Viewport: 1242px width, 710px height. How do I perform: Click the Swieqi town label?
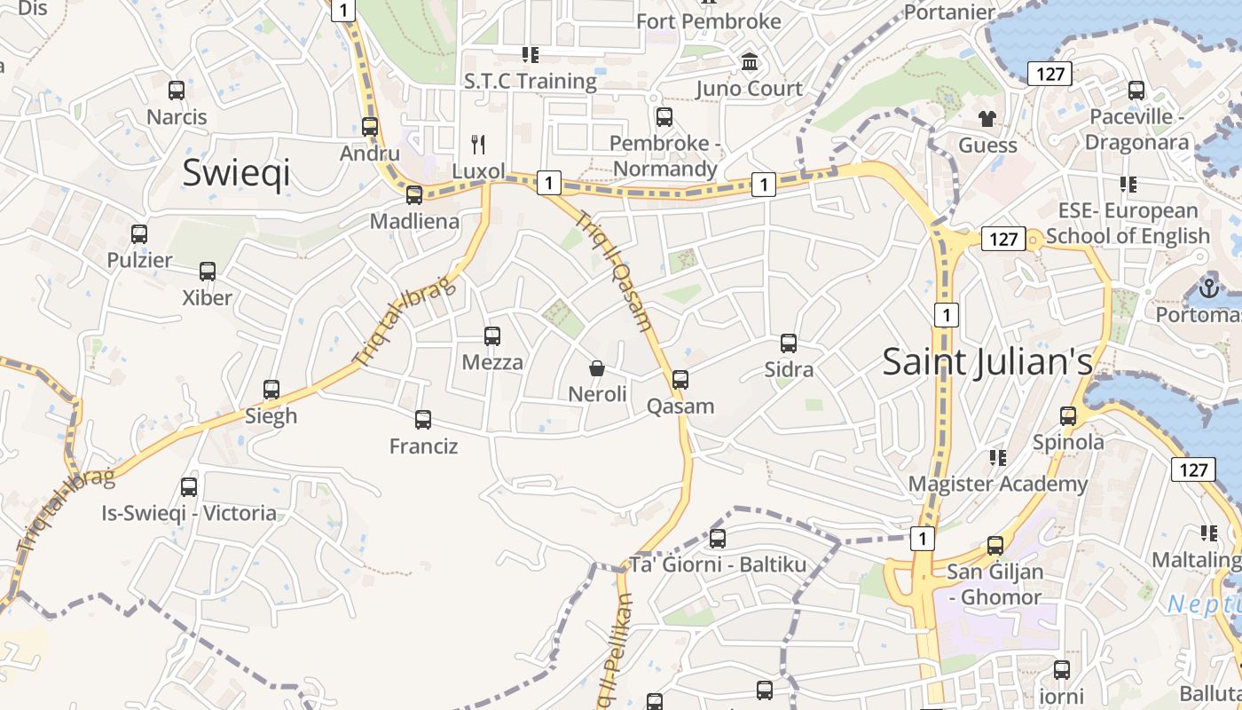tap(236, 172)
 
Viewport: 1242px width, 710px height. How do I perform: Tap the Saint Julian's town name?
tap(987, 361)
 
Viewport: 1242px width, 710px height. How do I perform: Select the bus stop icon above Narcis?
tap(177, 90)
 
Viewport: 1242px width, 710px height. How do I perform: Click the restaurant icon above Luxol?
tap(478, 144)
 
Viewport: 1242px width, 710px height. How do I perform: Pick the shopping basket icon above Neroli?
tap(597, 367)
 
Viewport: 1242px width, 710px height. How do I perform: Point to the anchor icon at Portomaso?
tap(1207, 288)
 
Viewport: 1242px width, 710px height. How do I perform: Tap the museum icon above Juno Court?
tap(750, 62)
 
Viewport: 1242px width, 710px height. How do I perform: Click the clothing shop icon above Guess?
tap(987, 118)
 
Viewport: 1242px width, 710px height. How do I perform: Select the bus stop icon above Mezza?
tap(492, 335)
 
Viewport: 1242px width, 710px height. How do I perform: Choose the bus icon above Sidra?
tap(789, 343)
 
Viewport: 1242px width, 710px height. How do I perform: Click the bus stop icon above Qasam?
tap(680, 380)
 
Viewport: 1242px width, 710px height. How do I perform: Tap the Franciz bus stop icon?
tap(423, 419)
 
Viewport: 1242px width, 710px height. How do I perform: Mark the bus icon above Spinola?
tap(1068, 415)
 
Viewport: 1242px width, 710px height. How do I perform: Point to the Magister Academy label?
tap(997, 484)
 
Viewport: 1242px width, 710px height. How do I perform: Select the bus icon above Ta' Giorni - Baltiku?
tap(718, 538)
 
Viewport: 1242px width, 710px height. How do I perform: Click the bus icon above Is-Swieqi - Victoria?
tap(189, 486)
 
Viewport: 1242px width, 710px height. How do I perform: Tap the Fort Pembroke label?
tap(708, 20)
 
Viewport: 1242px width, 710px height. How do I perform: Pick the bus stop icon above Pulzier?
tap(139, 233)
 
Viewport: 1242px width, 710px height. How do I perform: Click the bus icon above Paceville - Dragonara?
tap(1136, 90)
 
